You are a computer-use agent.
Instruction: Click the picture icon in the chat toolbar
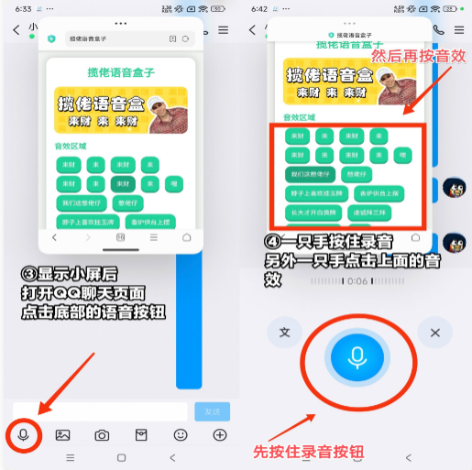62,434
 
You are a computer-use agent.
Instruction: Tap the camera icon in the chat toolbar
102,434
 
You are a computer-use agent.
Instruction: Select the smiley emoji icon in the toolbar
181,434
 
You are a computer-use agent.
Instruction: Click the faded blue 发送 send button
212,411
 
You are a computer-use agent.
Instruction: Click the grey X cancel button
435,332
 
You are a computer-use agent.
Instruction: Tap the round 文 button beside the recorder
284,332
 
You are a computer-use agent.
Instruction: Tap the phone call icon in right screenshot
438,29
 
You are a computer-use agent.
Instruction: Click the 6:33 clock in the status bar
23,8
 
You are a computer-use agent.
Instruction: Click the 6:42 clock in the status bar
258,8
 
